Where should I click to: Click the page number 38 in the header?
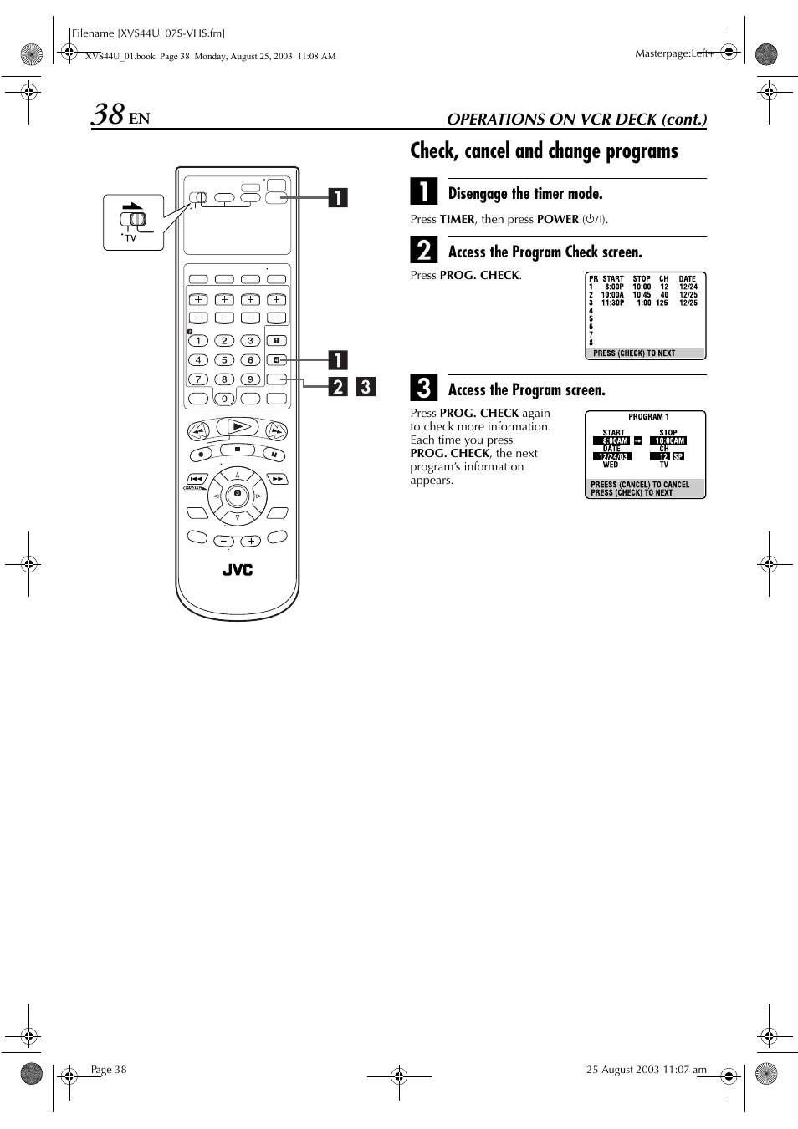click(x=108, y=114)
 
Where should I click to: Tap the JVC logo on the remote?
click(x=238, y=570)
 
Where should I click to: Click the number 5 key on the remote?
click(x=224, y=359)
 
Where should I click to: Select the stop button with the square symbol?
click(x=238, y=450)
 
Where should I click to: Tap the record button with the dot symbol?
click(x=201, y=455)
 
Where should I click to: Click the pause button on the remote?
click(x=273, y=455)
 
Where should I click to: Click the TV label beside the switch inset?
click(x=130, y=238)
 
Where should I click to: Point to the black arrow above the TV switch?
click(x=132, y=206)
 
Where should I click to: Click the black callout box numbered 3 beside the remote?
click(x=365, y=387)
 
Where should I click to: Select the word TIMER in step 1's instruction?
click(x=458, y=219)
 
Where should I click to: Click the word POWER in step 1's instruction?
click(x=558, y=219)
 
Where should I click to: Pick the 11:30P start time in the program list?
click(x=612, y=303)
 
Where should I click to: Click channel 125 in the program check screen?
click(x=662, y=303)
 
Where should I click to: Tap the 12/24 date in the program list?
click(x=688, y=287)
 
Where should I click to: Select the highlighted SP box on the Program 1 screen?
click(x=678, y=456)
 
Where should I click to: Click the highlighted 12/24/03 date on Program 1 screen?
click(x=612, y=456)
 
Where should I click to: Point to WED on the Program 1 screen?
click(x=611, y=465)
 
